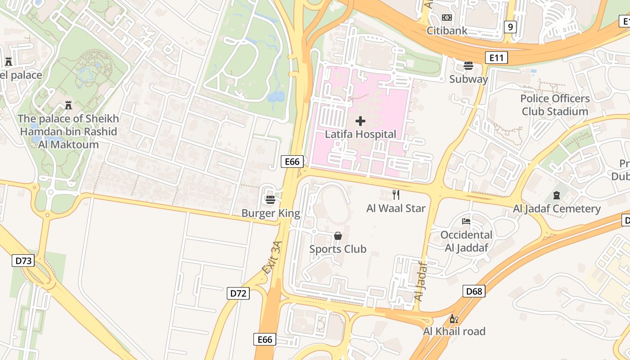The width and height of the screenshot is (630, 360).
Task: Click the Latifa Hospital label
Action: point(360,134)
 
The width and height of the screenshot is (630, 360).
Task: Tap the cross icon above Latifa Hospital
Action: point(360,121)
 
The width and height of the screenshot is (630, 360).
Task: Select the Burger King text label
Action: point(270,213)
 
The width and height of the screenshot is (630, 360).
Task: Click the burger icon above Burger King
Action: point(270,199)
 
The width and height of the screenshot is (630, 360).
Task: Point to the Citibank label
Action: point(447,31)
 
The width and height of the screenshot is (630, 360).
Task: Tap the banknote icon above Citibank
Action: point(447,18)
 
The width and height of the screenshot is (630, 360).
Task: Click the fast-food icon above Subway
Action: point(468,66)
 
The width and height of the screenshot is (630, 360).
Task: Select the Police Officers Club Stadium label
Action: point(555,105)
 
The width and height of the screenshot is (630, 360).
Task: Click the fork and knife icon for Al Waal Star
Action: point(396,195)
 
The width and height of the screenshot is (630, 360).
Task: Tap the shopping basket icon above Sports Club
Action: point(338,236)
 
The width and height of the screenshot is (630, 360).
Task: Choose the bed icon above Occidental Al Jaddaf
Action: point(466,221)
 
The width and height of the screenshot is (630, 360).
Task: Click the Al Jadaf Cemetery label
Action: point(557,209)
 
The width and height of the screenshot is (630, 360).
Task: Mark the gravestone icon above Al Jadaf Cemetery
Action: point(557,195)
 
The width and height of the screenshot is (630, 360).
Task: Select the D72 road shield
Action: point(238,293)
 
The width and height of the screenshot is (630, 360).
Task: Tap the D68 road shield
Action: point(474,291)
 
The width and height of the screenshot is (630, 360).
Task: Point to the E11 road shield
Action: point(496,58)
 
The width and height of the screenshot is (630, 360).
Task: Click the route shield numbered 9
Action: point(510,27)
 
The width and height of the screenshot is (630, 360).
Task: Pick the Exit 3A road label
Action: point(272,257)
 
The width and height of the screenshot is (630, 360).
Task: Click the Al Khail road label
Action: point(454,331)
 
